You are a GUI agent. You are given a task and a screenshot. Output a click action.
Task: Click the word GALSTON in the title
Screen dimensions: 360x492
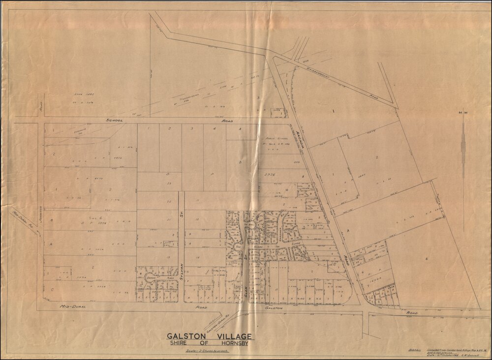click(186, 336)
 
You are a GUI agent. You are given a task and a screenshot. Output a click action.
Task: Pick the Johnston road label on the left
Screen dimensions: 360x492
click(41, 215)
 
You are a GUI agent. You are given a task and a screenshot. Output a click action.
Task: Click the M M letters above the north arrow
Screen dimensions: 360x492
click(463, 113)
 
